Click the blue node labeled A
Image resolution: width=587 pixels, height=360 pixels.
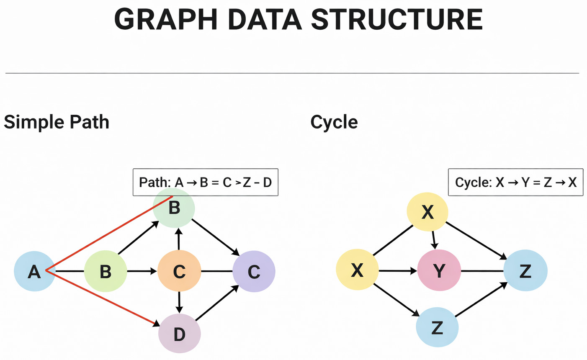tap(35, 271)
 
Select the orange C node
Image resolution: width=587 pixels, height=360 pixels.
tap(179, 271)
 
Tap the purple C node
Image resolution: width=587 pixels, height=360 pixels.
tap(254, 271)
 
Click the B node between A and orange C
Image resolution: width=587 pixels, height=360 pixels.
tap(106, 271)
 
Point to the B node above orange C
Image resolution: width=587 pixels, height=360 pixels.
tap(174, 207)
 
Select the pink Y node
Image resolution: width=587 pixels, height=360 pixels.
tap(439, 270)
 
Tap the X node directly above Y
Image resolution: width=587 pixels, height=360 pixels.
tap(427, 212)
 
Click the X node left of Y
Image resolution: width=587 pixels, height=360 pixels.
tap(357, 270)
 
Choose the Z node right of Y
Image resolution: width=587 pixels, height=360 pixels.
tap(525, 271)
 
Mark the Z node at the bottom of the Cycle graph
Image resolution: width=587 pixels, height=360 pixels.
tap(437, 327)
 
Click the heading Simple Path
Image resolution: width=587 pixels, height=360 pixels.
tap(57, 122)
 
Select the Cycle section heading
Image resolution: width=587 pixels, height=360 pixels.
tap(334, 122)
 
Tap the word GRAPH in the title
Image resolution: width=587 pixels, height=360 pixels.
tap(163, 19)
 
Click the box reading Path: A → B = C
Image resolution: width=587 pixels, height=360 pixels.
tap(205, 182)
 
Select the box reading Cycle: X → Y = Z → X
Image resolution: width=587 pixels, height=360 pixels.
tap(515, 182)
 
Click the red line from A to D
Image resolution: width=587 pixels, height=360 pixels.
tap(100, 296)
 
